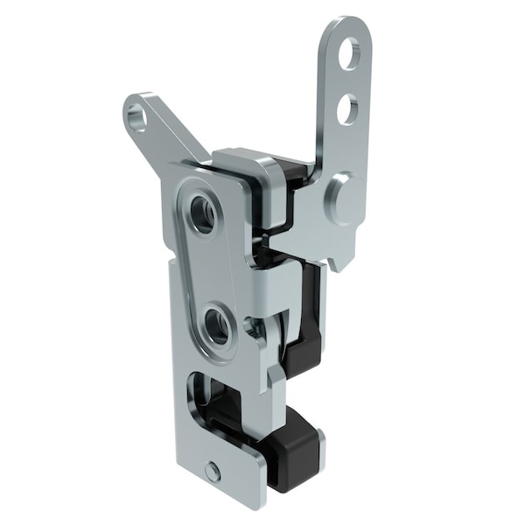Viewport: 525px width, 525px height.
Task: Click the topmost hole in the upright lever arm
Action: point(349,53)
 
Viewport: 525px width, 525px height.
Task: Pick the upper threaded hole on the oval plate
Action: point(202,214)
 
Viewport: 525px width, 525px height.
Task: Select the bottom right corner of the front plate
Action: point(261,503)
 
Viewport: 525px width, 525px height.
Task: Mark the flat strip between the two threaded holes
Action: point(210,271)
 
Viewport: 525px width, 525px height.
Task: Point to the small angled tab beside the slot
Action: point(275,376)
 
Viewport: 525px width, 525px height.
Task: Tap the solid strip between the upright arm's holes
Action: point(348,81)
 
